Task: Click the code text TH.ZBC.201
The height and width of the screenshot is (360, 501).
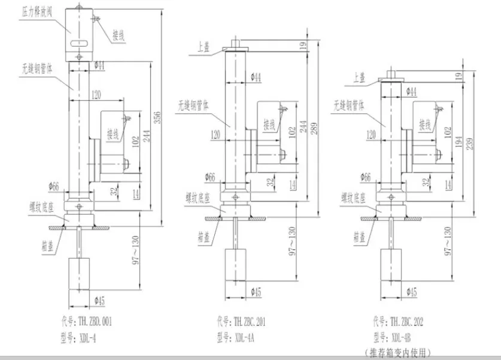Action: (241, 322)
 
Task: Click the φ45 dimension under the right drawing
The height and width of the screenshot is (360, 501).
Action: (411, 292)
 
